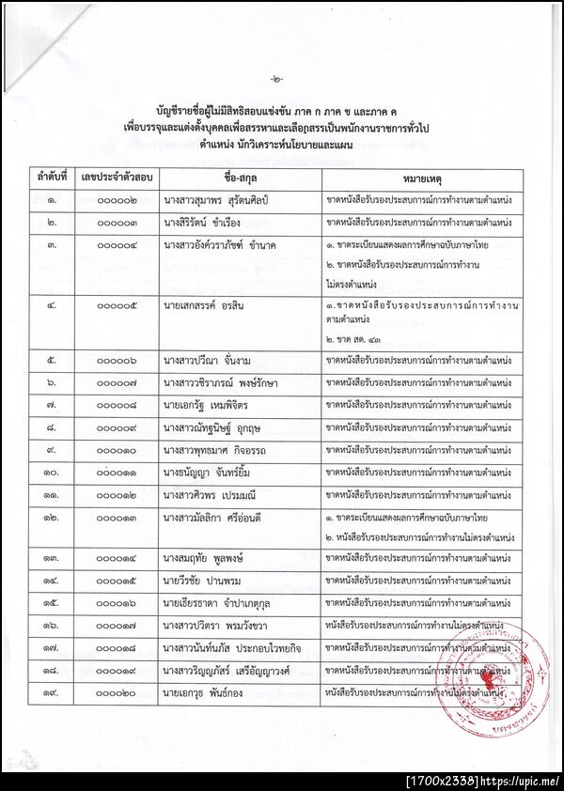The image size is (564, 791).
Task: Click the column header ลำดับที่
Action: click(55, 178)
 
